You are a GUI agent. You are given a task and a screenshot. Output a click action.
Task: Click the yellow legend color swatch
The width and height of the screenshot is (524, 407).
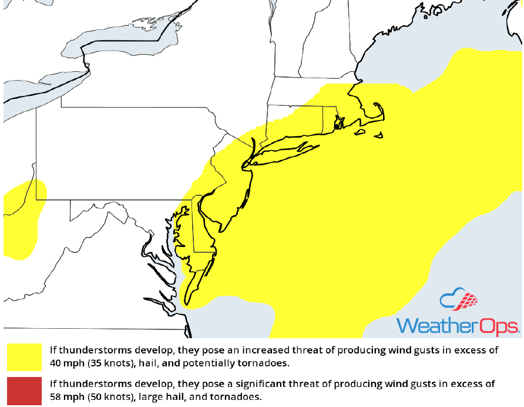tap(24, 358)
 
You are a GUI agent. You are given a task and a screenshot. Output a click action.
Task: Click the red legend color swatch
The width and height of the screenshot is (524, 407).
tap(24, 391)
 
